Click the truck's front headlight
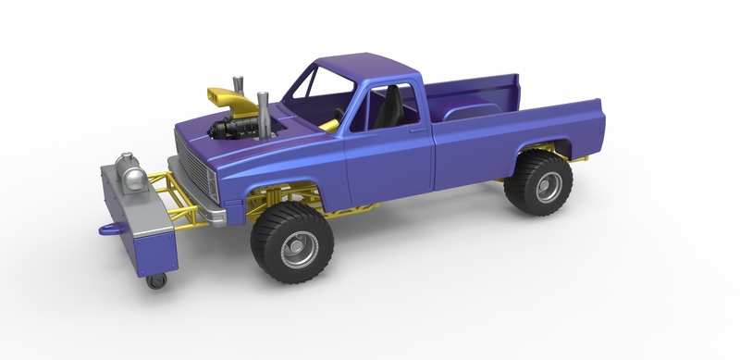[211, 188]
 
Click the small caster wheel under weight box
[157, 280]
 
